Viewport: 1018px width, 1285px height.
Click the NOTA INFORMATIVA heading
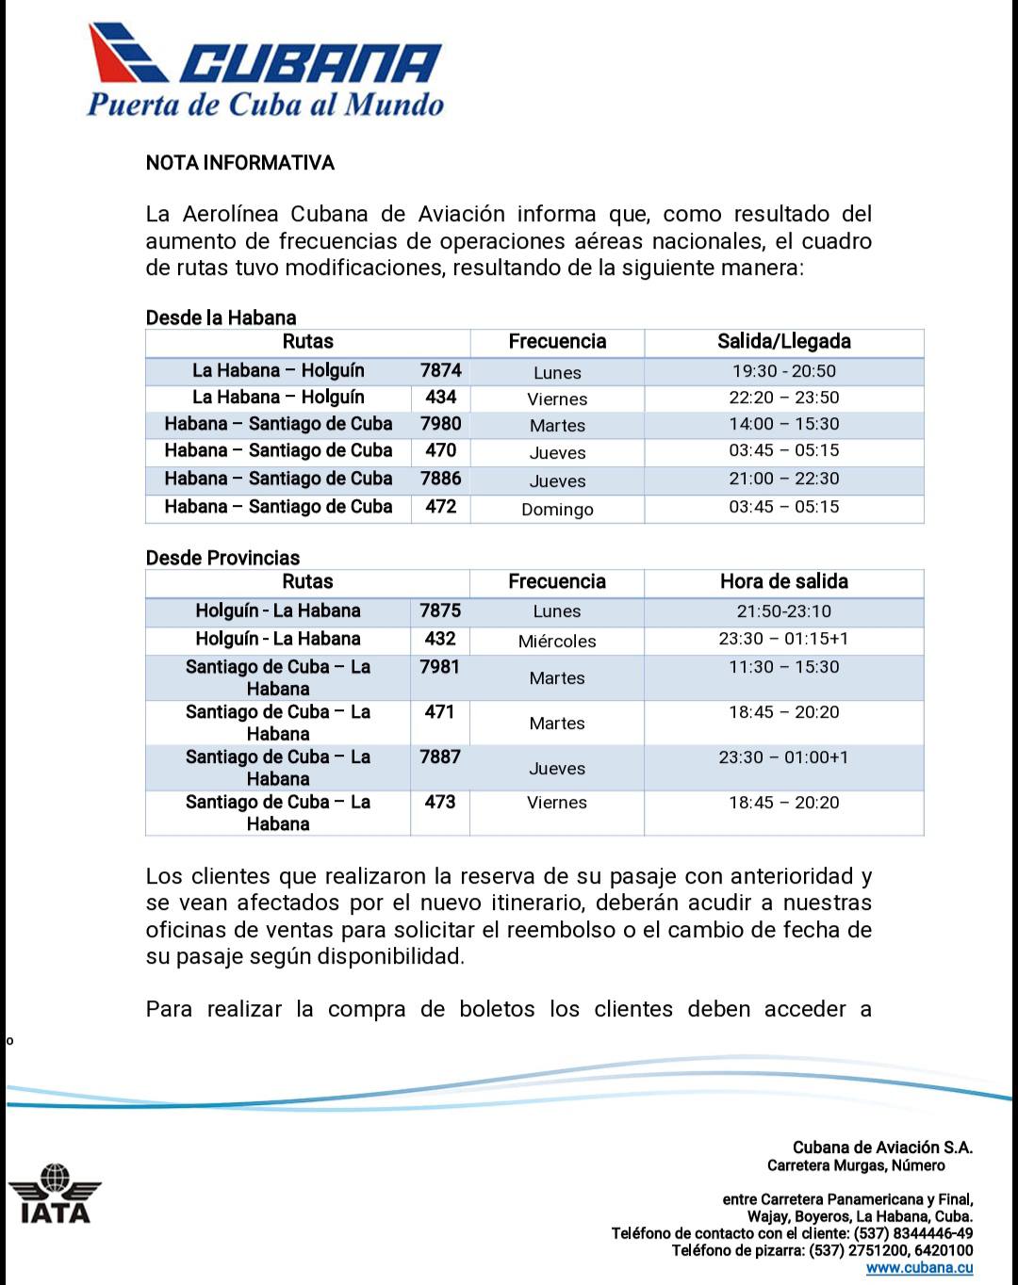coord(240,163)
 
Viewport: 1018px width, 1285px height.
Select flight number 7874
coord(440,370)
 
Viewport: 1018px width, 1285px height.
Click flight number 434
coord(440,398)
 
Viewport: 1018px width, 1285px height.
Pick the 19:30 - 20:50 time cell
coord(783,371)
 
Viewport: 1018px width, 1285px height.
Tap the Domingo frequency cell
coord(557,510)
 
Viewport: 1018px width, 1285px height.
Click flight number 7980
coord(440,424)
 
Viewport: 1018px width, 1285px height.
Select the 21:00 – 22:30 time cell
coord(783,479)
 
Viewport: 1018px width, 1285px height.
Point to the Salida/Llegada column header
coord(783,341)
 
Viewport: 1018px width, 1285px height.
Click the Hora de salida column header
coord(783,581)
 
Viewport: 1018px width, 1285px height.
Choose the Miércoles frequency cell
coord(557,642)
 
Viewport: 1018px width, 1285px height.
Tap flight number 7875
coord(440,610)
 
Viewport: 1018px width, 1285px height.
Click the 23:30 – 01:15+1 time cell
coord(783,639)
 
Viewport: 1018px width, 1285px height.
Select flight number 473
coord(440,802)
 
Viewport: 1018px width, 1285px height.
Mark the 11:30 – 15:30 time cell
coord(783,667)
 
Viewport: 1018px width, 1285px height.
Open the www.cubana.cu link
coord(919,1268)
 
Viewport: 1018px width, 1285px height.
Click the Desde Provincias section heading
coord(222,558)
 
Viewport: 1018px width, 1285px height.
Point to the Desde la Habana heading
coord(221,317)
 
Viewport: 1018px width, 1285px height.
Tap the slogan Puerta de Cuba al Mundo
coord(266,104)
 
